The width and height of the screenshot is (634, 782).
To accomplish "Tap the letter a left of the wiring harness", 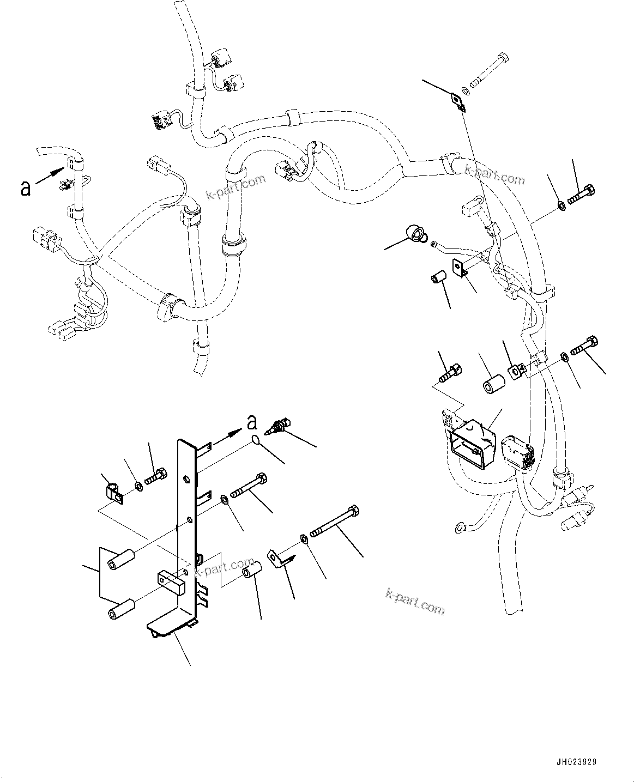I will (26, 189).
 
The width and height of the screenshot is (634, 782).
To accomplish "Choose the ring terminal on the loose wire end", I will (460, 526).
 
